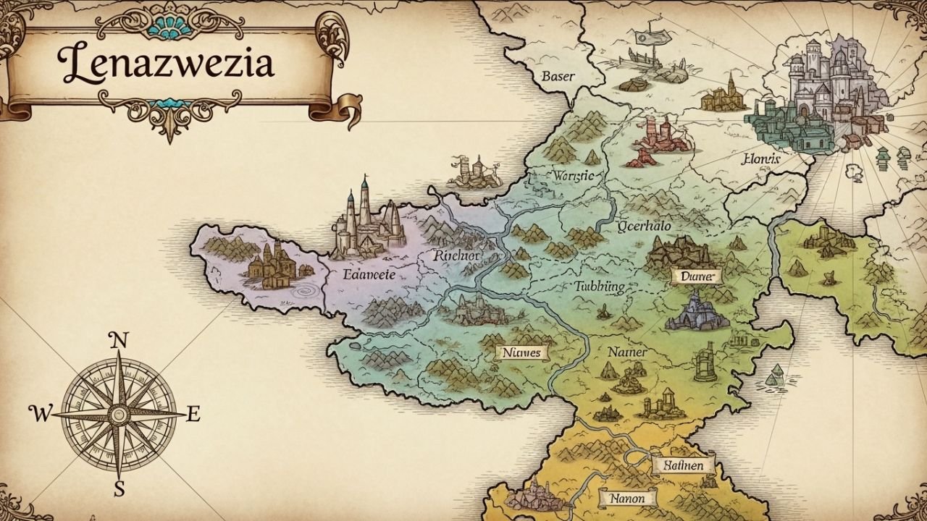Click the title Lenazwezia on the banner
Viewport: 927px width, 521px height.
168,64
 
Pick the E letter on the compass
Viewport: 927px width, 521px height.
193,414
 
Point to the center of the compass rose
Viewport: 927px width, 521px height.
119,415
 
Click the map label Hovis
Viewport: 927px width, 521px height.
760,159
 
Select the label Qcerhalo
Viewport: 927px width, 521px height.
645,226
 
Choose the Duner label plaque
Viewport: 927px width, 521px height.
697,276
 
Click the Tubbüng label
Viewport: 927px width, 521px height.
598,286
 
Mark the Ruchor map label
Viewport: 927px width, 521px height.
456,255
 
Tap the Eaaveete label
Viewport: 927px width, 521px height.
369,274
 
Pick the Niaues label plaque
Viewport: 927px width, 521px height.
521,352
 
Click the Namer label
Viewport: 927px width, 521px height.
626,352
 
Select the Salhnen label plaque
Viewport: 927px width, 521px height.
684,465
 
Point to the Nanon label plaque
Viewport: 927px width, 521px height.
628,499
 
